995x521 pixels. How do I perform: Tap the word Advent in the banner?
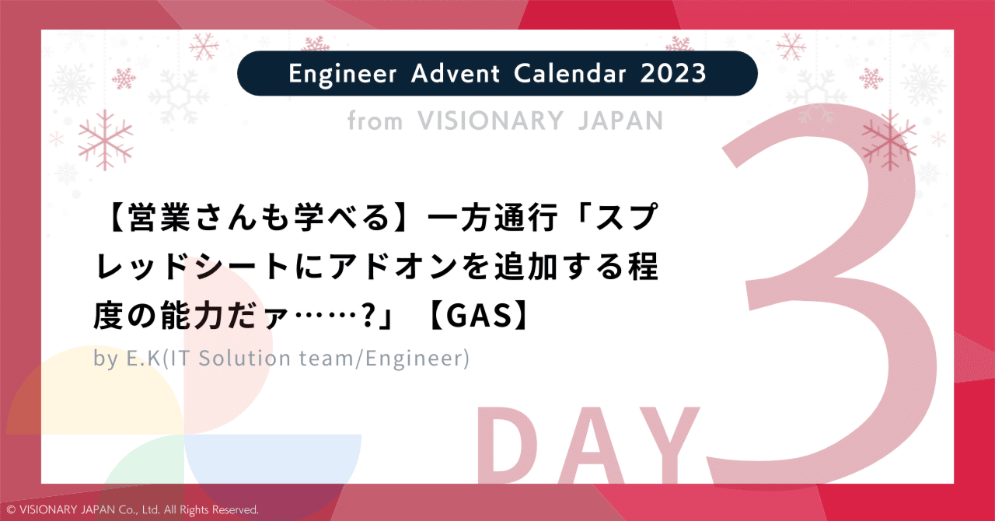447,74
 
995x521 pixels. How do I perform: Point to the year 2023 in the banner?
674,74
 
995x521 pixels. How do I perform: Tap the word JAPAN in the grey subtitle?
617,121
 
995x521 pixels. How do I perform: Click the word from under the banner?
375,121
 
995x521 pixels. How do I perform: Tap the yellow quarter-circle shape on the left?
78,397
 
